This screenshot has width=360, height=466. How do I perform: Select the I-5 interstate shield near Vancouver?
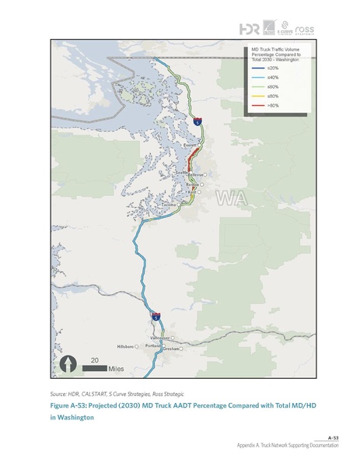(156, 317)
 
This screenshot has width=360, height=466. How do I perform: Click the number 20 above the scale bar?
(94, 359)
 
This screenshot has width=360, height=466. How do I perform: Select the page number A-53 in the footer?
(336, 438)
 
